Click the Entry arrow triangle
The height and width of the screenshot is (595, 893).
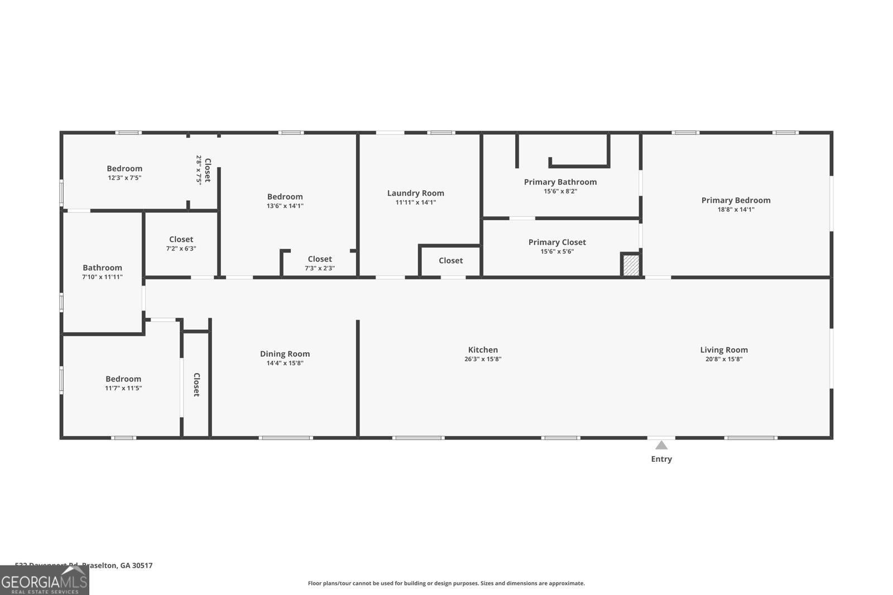[x=661, y=445]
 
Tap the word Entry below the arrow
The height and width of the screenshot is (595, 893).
[x=661, y=459]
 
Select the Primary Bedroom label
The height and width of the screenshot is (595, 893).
[x=736, y=200]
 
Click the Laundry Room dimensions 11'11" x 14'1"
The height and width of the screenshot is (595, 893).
[x=416, y=202]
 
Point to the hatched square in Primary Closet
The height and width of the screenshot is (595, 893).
[x=631, y=264]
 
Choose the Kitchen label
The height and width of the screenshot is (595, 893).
[x=483, y=350]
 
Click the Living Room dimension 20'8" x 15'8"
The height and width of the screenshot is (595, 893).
[x=724, y=359]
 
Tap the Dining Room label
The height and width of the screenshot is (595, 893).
[x=285, y=354]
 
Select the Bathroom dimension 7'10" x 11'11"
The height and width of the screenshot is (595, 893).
[x=102, y=277]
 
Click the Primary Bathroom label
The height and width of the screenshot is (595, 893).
[x=560, y=182]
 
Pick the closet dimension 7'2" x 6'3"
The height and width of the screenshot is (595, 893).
[x=181, y=249]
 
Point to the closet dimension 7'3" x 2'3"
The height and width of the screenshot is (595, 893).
[x=320, y=268]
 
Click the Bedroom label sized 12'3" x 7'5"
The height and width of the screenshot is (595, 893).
[x=124, y=168]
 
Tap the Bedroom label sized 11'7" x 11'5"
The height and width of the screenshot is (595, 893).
[x=123, y=379]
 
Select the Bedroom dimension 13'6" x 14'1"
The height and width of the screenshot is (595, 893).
[x=285, y=206]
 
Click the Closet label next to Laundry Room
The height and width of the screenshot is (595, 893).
[x=450, y=260]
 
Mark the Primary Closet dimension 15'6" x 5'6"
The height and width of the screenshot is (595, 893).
[x=557, y=251]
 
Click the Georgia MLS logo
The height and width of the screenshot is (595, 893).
[x=44, y=581]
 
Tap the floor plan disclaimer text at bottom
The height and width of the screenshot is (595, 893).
[x=446, y=583]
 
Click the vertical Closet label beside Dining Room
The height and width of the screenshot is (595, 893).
[x=196, y=385]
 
